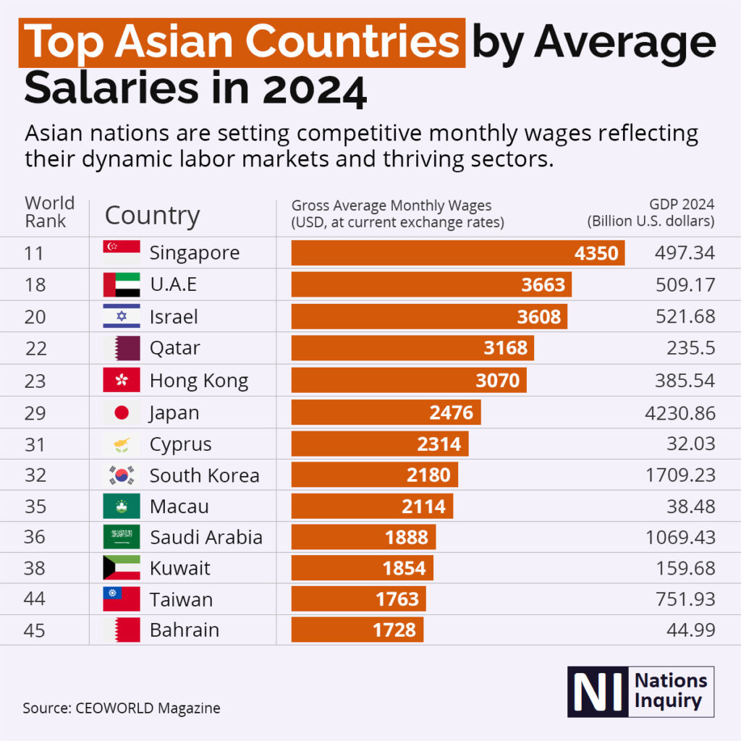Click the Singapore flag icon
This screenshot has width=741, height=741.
point(122,253)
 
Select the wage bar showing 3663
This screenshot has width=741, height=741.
point(431,284)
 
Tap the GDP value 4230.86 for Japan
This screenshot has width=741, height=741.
point(680,413)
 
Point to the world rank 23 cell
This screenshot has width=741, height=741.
point(35,381)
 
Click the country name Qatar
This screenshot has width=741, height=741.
point(175,348)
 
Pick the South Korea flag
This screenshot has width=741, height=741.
point(122,475)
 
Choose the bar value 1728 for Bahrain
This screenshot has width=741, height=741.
point(394,630)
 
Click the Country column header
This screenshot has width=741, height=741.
point(152,216)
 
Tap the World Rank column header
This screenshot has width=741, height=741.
point(49,212)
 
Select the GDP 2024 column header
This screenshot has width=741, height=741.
point(651,213)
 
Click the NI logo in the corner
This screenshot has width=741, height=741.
point(640,691)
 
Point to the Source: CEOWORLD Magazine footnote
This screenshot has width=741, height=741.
point(122,708)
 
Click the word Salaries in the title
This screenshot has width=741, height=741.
point(111,88)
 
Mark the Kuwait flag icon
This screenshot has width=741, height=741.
point(122,567)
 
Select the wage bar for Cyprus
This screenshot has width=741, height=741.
point(380,444)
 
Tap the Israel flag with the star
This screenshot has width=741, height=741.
point(122,316)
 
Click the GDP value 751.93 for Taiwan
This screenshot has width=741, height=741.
point(685,598)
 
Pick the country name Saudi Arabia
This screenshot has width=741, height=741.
point(206,538)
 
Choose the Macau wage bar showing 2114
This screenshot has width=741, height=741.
point(372,506)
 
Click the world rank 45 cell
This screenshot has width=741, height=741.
point(35,630)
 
